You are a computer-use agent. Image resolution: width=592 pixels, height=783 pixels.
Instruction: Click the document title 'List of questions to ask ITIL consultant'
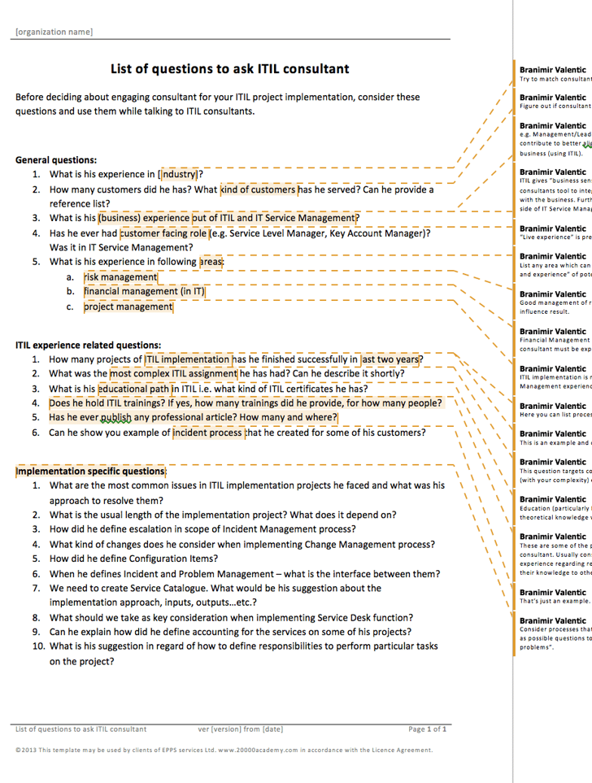pyautogui.click(x=229, y=69)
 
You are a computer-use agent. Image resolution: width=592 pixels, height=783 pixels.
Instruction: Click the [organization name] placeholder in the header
pyautogui.click(x=54, y=32)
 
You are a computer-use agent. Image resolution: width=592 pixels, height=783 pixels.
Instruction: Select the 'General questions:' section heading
pyautogui.click(x=56, y=160)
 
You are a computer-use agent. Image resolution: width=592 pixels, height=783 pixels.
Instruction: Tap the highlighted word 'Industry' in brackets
pyautogui.click(x=179, y=174)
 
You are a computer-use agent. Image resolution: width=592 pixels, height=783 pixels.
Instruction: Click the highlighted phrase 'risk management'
pyautogui.click(x=121, y=277)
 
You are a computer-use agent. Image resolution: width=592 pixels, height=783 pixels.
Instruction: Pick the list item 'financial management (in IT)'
pyautogui.click(x=145, y=291)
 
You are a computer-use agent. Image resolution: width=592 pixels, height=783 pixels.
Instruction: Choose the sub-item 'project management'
pyautogui.click(x=128, y=307)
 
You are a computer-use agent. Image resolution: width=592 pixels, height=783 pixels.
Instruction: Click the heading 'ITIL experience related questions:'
pyautogui.click(x=88, y=345)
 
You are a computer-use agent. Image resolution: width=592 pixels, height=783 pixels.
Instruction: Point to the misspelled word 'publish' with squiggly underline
pyautogui.click(x=115, y=418)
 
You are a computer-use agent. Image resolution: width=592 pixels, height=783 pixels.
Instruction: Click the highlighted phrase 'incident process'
pyautogui.click(x=207, y=433)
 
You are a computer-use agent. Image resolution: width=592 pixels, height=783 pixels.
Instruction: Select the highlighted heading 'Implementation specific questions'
pyautogui.click(x=90, y=471)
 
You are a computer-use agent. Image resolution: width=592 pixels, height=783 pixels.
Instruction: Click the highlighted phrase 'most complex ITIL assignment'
pyautogui.click(x=174, y=374)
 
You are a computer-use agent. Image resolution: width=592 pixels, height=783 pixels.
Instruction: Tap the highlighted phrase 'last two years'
pyautogui.click(x=391, y=359)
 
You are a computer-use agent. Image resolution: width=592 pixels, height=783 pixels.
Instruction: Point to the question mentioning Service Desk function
pyautogui.click(x=231, y=617)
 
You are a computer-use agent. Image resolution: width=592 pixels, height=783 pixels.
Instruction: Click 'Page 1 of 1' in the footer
pyautogui.click(x=427, y=729)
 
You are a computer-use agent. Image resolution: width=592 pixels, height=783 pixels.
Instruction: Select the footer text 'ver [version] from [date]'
pyautogui.click(x=241, y=729)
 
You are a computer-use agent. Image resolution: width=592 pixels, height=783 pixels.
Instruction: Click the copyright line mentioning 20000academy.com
pyautogui.click(x=224, y=750)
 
